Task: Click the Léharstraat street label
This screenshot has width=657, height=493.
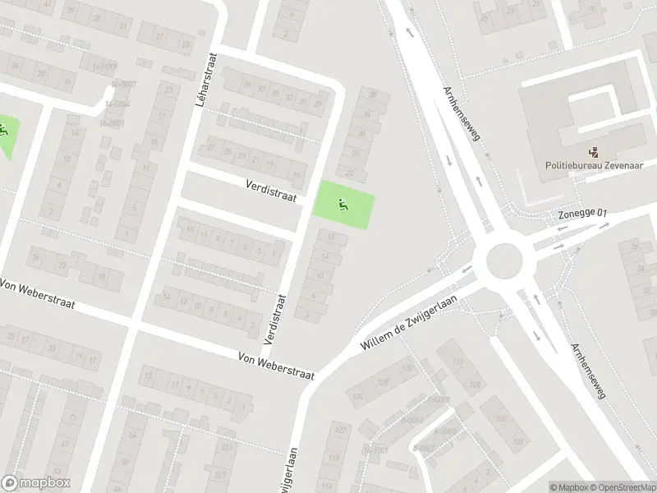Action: pyautogui.click(x=205, y=81)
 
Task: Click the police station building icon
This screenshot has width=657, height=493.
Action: pyautogui.click(x=592, y=150)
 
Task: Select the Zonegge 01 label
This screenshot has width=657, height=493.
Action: pyautogui.click(x=582, y=214)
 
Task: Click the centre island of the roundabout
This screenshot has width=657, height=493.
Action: pyautogui.click(x=503, y=262)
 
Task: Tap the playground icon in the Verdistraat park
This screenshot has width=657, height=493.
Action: pyautogui.click(x=343, y=205)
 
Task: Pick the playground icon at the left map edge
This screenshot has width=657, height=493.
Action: pyautogui.click(x=3, y=129)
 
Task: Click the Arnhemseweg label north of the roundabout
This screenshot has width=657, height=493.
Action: pyautogui.click(x=461, y=113)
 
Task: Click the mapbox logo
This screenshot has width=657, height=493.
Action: pyautogui.click(x=36, y=483)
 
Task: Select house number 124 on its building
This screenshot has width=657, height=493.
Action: pyautogui.click(x=357, y=398)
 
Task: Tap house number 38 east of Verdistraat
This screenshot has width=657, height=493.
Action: pyautogui.click(x=374, y=94)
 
